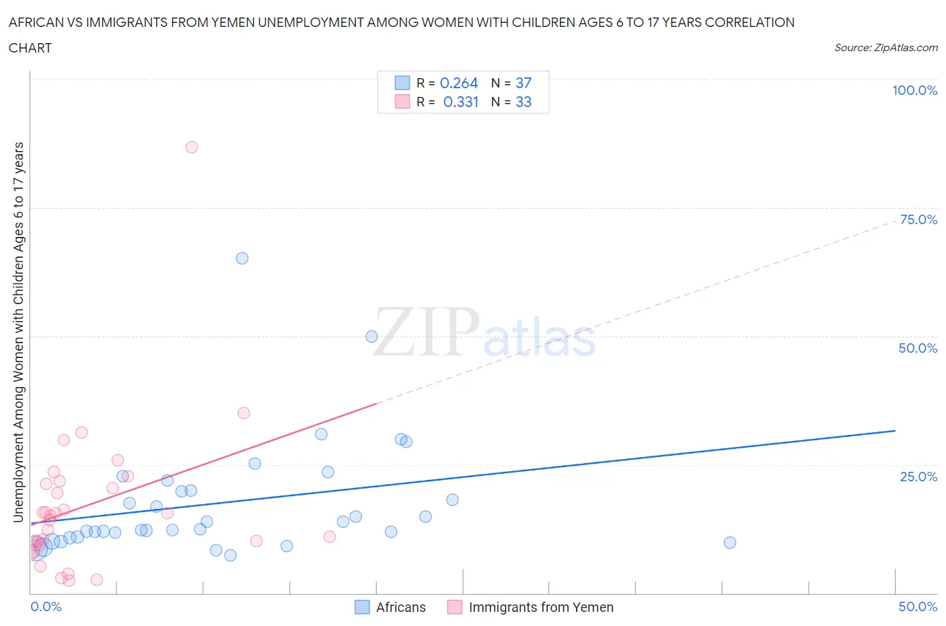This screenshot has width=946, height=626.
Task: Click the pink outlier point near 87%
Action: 192,147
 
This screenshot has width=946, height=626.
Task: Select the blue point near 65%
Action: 242,258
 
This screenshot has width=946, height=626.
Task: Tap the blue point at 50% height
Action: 371,337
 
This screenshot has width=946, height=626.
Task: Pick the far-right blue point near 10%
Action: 730,543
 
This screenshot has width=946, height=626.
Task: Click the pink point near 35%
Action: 244,413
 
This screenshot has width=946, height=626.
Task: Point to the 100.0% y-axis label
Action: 914,90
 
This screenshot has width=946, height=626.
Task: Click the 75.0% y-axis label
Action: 918,219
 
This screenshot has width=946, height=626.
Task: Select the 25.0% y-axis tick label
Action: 918,477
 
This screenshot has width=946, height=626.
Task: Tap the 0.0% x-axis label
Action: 46,606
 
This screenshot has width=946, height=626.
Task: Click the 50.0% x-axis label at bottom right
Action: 918,606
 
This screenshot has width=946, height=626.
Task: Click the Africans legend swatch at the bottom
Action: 362,607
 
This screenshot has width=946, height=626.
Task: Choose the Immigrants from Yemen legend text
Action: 541,607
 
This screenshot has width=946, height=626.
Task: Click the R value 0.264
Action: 459,83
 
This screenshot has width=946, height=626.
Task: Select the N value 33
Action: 523,102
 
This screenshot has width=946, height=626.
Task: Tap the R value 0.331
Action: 461,102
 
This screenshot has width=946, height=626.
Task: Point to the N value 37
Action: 523,83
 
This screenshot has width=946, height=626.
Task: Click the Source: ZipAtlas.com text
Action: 885,48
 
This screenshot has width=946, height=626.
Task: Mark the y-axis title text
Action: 18,333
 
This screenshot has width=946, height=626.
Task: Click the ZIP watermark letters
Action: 427,332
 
